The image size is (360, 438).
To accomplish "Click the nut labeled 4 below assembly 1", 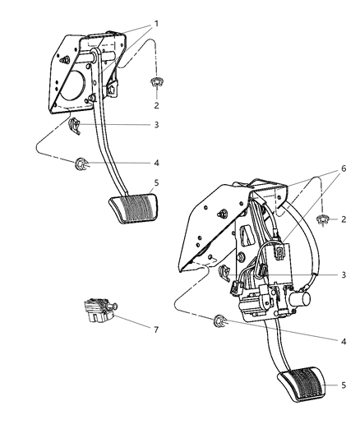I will (x=81, y=164).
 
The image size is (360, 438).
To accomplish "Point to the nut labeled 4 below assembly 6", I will (x=220, y=320).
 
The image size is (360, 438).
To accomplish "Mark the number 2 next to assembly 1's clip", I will (x=155, y=104).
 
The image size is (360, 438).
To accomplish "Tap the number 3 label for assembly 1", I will (x=155, y=124).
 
